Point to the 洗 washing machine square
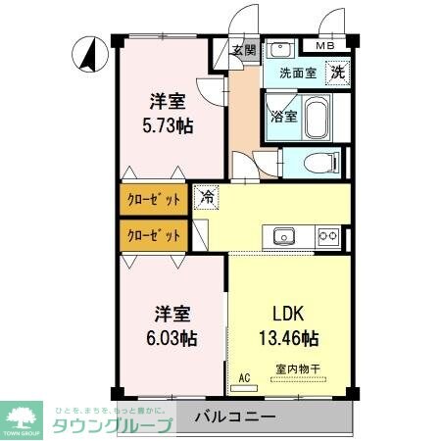coord(336,72)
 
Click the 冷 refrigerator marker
coord(207,196)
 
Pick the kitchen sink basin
coord(284,235)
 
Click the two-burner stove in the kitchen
coord(327,235)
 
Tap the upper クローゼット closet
coord(154,200)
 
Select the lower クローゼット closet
coord(154,235)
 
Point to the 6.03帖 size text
coord(172,338)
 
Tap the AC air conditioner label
coord(244,375)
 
